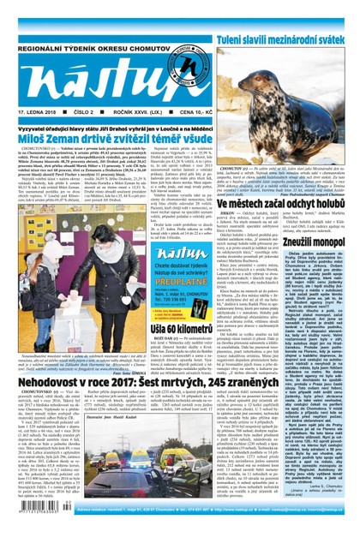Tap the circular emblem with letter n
pyautogui.click(x=187, y=68)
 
